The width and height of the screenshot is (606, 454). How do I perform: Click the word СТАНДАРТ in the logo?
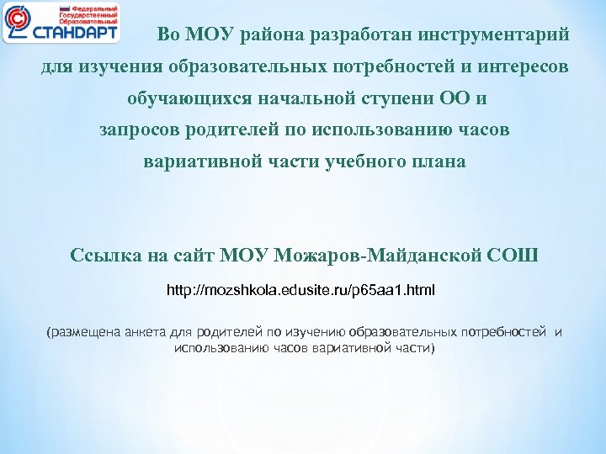coord(76,32)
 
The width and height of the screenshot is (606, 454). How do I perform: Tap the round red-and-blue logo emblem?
coord(18,23)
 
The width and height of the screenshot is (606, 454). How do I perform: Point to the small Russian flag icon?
coord(50,7)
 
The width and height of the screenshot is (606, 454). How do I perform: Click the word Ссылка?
coord(103,255)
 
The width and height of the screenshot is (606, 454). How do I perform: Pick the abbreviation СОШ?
coord(513,255)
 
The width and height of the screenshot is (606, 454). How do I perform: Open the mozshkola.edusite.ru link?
coord(301,291)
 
